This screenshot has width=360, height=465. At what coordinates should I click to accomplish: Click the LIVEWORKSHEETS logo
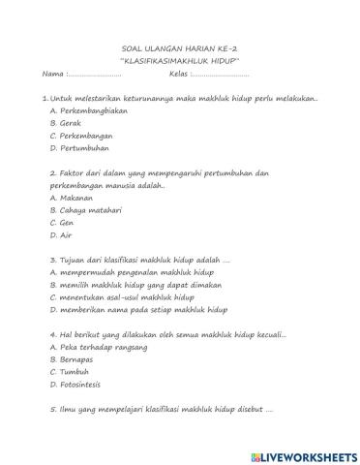(303, 453)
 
